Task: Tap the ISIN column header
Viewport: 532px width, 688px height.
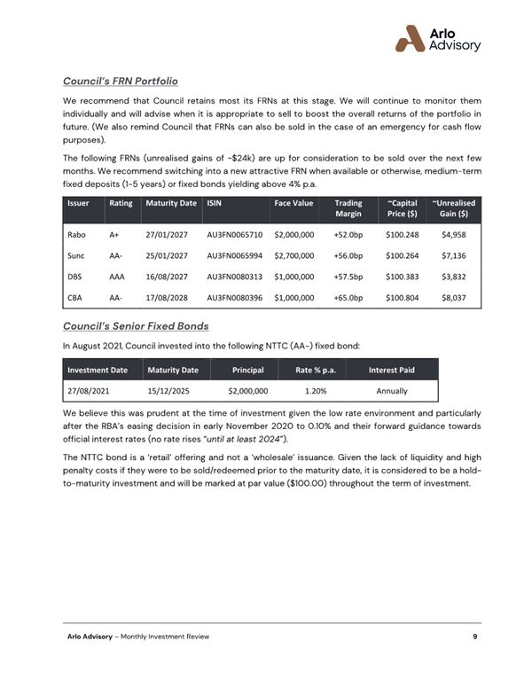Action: click(214, 203)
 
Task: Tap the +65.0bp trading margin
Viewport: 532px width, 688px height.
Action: click(348, 297)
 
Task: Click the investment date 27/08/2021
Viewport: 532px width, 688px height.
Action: click(89, 390)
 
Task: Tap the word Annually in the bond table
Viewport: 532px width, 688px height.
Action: click(391, 390)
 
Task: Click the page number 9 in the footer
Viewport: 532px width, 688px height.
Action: click(476, 638)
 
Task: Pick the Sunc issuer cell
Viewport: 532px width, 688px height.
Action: click(75, 255)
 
